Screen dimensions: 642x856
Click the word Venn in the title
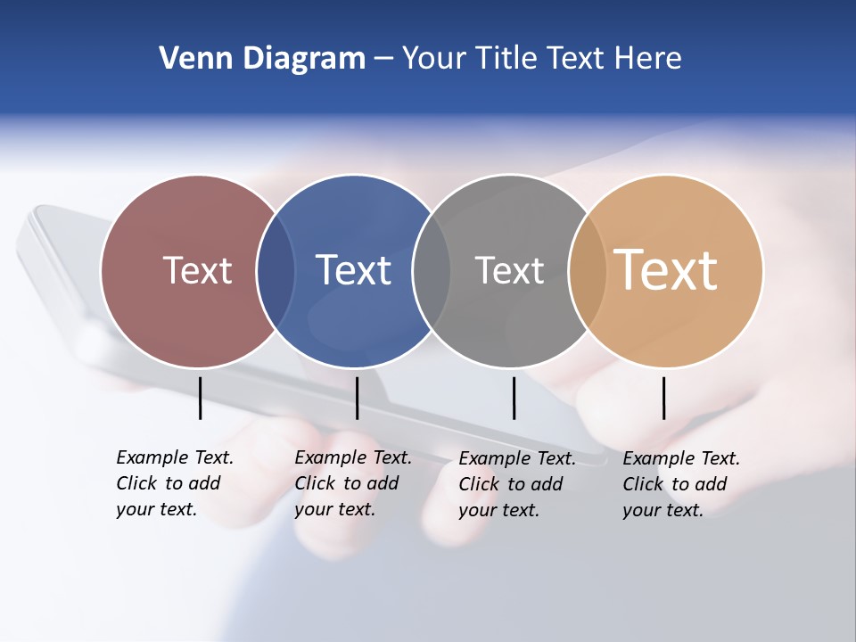[x=189, y=59]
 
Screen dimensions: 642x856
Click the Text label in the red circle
[x=197, y=270]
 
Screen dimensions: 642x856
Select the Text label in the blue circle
[x=353, y=270]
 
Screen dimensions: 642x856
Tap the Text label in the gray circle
[x=509, y=270]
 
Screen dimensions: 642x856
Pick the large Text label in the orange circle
[x=666, y=269]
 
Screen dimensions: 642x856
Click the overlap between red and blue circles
[x=276, y=271]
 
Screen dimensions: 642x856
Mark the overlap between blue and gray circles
[x=432, y=271]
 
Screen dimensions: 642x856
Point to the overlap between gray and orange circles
[x=588, y=271]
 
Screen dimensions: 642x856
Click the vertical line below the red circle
[x=201, y=398]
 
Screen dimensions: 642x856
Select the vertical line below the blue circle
[x=357, y=398]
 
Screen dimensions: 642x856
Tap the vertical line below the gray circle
[x=514, y=398]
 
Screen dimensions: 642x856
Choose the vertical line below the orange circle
[x=663, y=398]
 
